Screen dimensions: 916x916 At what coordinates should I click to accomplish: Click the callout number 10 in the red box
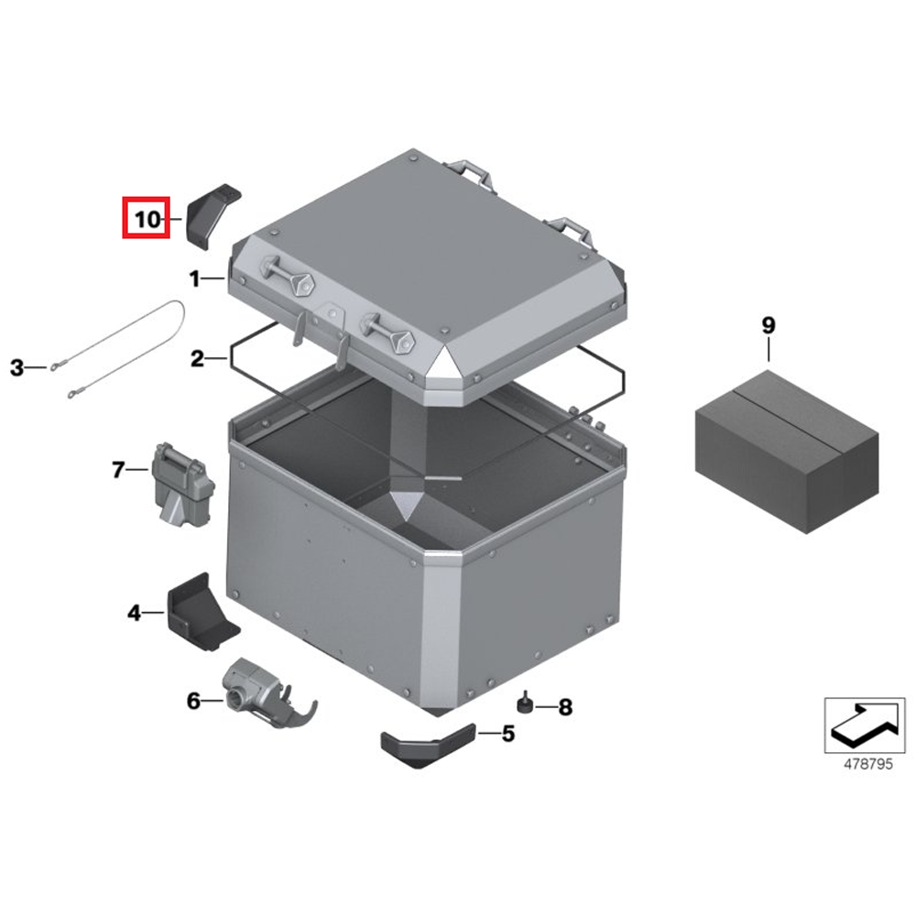[x=147, y=220]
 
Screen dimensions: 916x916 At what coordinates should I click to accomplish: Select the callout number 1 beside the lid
[x=194, y=278]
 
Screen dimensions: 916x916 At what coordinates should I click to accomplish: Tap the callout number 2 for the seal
[x=197, y=359]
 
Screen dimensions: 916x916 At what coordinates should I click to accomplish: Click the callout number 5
[x=508, y=733]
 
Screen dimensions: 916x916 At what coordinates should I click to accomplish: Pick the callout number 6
[x=193, y=702]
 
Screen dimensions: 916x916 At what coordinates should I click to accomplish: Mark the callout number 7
[x=117, y=471]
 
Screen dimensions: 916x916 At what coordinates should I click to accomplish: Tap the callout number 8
[x=565, y=707]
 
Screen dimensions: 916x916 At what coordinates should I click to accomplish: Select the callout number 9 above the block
[x=768, y=325]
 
